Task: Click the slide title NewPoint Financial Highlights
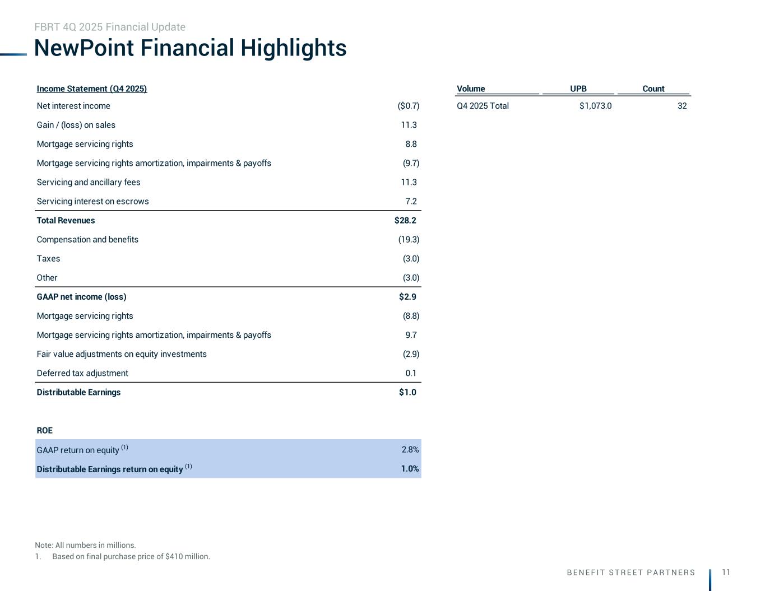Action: pyautogui.click(x=190, y=48)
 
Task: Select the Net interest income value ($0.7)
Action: pyautogui.click(x=408, y=106)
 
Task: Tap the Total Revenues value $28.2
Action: pyautogui.click(x=405, y=221)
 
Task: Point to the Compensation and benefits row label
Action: pyautogui.click(x=87, y=240)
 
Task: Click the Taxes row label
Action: pyautogui.click(x=48, y=259)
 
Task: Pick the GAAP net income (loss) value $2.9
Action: pyautogui.click(x=407, y=297)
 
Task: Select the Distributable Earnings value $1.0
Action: pyautogui.click(x=407, y=392)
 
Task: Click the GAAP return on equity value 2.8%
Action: pyautogui.click(x=410, y=449)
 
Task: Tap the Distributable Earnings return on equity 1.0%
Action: pyautogui.click(x=410, y=469)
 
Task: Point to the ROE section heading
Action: pyautogui.click(x=45, y=431)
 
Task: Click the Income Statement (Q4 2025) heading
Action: pyautogui.click(x=92, y=89)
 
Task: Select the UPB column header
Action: pyautogui.click(x=578, y=89)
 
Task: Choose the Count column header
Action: pyautogui.click(x=653, y=89)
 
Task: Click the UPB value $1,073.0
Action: pyautogui.click(x=595, y=106)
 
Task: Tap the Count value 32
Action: pyautogui.click(x=681, y=106)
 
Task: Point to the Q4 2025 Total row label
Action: pyautogui.click(x=483, y=106)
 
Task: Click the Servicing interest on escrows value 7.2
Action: pyautogui.click(x=411, y=202)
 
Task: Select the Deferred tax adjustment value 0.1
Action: pyautogui.click(x=411, y=373)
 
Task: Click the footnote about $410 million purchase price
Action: pyautogui.click(x=131, y=557)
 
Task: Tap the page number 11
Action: pyautogui.click(x=726, y=572)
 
